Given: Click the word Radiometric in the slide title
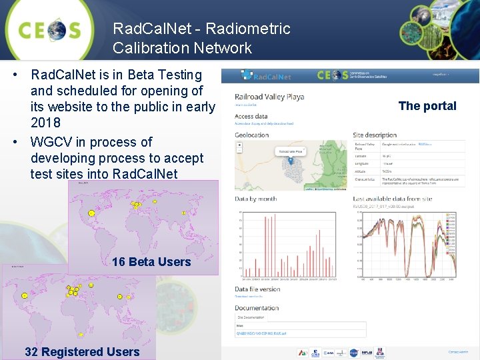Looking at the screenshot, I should (x=248, y=29).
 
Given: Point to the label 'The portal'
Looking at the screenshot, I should (x=427, y=106).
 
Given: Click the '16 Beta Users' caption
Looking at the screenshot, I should (x=151, y=262).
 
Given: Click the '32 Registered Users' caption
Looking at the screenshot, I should (x=82, y=352).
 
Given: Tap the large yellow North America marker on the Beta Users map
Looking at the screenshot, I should (x=91, y=213).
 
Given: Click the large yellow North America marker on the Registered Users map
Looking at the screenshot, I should (x=25, y=295).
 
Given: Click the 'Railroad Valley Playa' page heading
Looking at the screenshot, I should (x=269, y=97).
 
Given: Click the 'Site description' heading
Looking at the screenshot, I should (x=375, y=135).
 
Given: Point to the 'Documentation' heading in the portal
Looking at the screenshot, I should (x=257, y=308).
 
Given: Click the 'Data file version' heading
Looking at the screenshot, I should (x=257, y=289).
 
